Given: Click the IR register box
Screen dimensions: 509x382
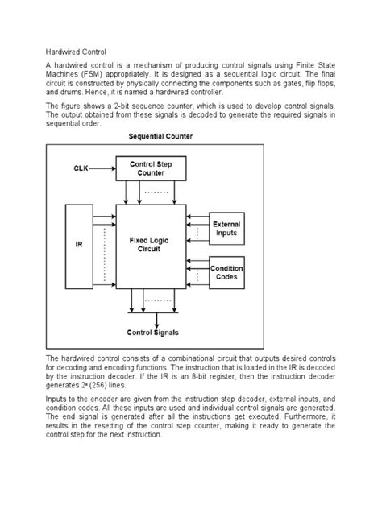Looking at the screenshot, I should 79,245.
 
